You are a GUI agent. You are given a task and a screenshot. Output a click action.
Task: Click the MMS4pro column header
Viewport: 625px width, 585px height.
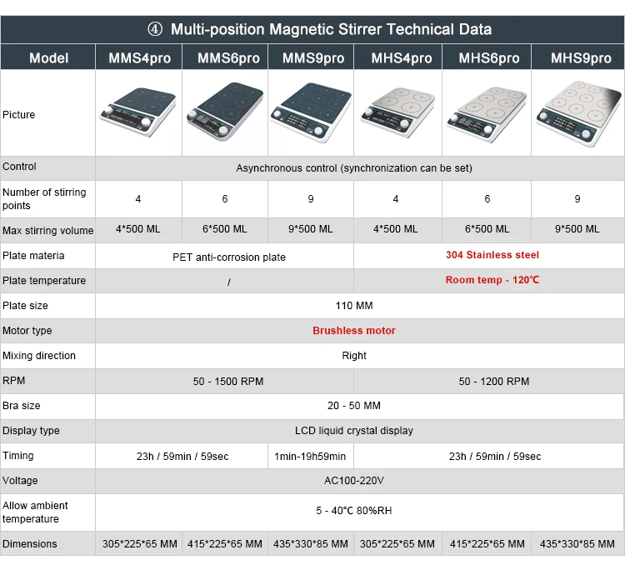[138, 58]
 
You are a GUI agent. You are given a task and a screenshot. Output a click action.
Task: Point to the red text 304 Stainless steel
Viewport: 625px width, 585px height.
[492, 255]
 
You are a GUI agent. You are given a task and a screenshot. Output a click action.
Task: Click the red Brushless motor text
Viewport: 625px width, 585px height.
[354, 331]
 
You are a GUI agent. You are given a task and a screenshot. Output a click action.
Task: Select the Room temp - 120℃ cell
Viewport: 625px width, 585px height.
[492, 280]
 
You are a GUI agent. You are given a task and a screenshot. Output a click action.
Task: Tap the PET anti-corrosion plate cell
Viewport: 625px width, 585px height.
[228, 257]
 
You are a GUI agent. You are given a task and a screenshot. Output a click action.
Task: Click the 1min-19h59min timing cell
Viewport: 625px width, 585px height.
[310, 456]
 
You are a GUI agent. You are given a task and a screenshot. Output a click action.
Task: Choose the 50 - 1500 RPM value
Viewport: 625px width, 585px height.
[228, 381]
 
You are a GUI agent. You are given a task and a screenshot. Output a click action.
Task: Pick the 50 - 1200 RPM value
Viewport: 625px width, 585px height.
[493, 381]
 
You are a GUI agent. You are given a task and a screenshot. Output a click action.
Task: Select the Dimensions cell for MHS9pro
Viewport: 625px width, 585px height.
[577, 544]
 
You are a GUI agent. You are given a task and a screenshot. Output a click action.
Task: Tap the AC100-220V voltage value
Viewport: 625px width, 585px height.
[354, 481]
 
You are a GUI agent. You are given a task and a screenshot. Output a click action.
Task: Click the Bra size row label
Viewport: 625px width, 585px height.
[22, 406]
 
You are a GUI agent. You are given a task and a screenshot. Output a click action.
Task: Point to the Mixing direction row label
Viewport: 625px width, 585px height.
[39, 356]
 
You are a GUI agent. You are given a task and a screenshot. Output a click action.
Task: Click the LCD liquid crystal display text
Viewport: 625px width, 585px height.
[354, 431]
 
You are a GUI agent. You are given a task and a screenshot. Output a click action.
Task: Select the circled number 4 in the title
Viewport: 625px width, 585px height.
[155, 29]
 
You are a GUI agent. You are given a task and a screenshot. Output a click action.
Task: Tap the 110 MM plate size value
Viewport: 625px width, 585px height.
[354, 306]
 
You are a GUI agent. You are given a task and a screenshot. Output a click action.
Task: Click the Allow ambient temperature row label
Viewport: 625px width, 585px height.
[35, 512]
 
